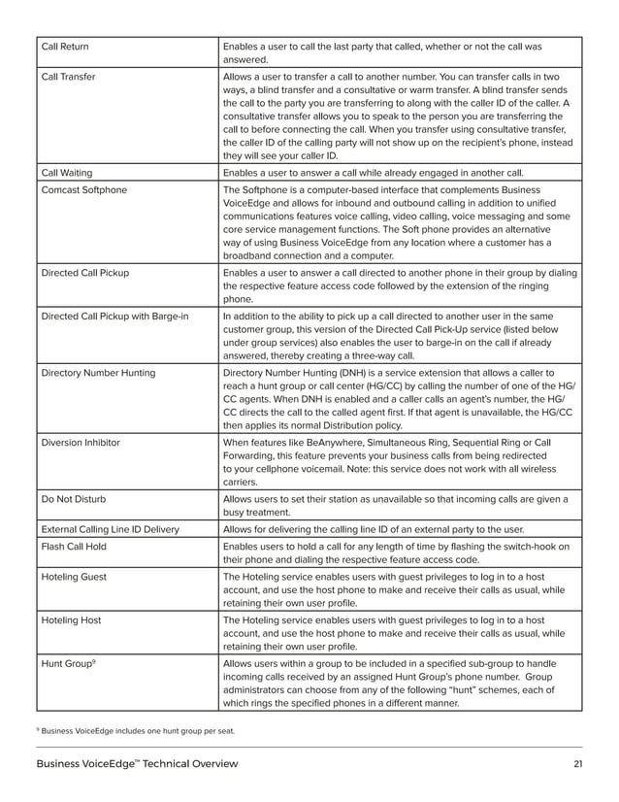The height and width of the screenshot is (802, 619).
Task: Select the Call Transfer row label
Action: click(x=68, y=76)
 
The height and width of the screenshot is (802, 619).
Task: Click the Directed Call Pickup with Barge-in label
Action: click(x=114, y=316)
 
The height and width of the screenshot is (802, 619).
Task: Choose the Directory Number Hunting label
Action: click(x=98, y=372)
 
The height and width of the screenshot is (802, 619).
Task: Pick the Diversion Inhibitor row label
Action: click(x=81, y=442)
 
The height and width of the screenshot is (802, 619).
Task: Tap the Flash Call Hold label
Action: click(x=74, y=547)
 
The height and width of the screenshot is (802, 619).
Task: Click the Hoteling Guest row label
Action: click(x=74, y=577)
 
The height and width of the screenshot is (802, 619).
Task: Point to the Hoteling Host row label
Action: click(x=72, y=619)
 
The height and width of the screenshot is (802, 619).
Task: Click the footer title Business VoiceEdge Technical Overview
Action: click(x=137, y=764)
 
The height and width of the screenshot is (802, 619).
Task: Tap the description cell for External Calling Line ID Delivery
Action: click(x=374, y=529)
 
